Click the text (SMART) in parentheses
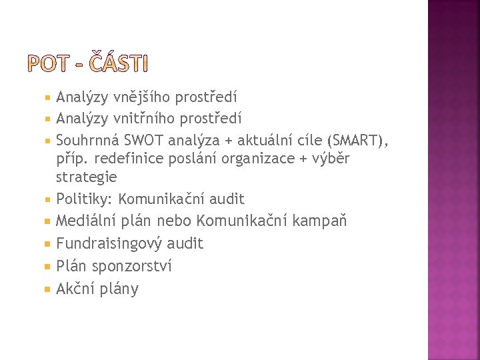coord(355,140)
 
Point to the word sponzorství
coord(131,266)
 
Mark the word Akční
coord(75,289)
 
